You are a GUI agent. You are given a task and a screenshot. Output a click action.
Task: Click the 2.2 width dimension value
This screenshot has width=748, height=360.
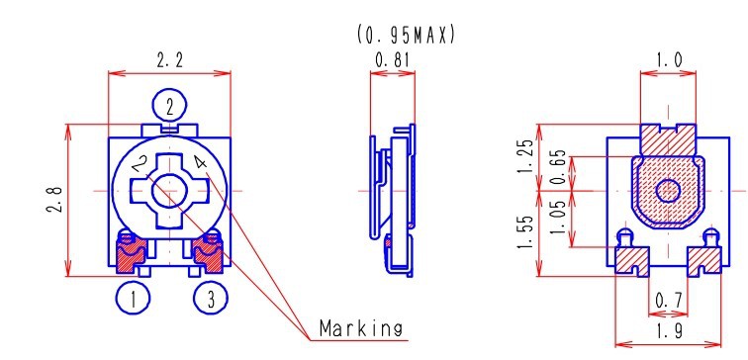pos(170,60)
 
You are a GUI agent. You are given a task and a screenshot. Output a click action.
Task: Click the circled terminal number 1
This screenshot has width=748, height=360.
pos(134,298)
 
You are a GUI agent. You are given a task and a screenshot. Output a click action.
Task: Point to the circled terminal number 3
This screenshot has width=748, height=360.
pos(211,298)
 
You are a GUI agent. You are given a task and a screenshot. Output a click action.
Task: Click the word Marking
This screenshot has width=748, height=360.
pos(360,329)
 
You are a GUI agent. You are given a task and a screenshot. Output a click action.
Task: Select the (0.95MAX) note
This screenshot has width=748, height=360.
pos(406,36)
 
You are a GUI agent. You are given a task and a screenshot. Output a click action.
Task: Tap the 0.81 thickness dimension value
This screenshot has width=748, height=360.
pos(392,60)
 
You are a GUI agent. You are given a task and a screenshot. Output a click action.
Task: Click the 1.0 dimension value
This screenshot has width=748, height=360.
pos(669,60)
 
